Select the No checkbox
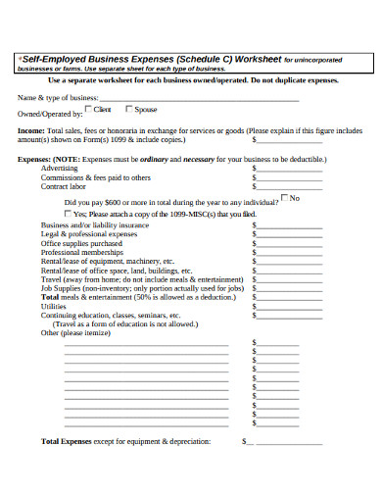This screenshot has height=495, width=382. tap(284, 197)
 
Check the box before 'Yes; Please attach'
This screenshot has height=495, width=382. tap(68, 212)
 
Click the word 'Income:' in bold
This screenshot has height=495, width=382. tap(31, 128)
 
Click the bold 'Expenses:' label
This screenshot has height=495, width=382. tap(36, 159)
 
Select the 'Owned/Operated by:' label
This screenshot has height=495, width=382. tap(43, 113)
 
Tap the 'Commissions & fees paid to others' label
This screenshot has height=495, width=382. tap(96, 177)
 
